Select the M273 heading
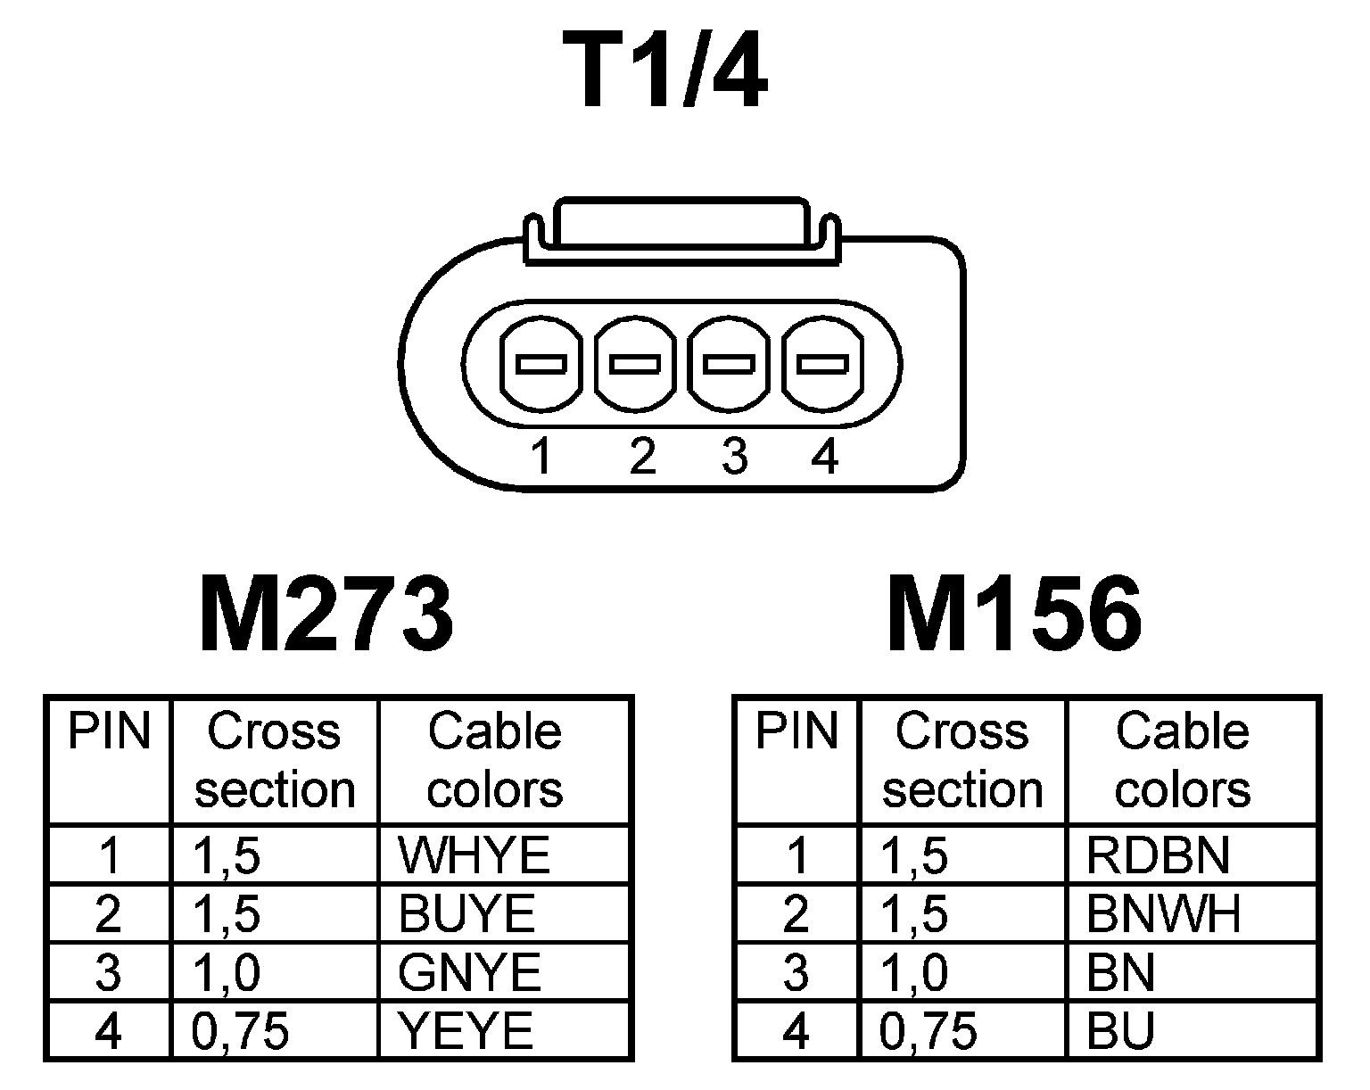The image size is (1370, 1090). (326, 614)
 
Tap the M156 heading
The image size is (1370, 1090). (1014, 614)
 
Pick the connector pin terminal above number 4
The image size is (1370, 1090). (822, 364)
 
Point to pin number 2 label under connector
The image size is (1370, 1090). (641, 457)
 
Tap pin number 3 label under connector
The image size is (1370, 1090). (733, 457)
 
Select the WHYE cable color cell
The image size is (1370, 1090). (475, 855)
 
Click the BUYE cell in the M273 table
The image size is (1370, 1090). (467, 913)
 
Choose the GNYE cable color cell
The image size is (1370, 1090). (470, 972)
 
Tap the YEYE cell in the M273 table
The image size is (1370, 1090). (466, 1031)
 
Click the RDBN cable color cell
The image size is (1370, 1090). (1158, 855)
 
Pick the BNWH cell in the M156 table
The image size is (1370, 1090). (1163, 913)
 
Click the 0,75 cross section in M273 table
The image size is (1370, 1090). (240, 1031)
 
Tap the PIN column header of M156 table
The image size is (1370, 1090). (796, 731)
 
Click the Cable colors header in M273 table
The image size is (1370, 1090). (495, 760)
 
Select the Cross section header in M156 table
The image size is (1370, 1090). (962, 760)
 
